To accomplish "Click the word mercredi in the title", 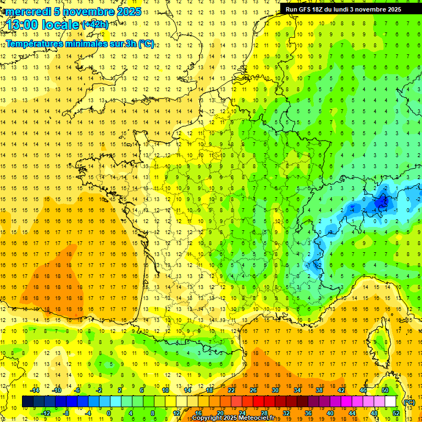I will tap(26, 12).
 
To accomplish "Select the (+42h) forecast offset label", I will tap(95, 25).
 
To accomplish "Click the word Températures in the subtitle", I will tap(36, 43).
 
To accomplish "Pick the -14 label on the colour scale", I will tap(35, 390).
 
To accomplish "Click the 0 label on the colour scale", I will tap(109, 413).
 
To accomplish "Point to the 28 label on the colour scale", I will tap(264, 413).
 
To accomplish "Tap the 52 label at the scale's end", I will tap(396, 413).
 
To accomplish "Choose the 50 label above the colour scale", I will tap(385, 390).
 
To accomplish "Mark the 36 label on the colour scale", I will tap(308, 413).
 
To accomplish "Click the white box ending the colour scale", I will tap(391, 402).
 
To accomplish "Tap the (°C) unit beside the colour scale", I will tap(409, 402).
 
